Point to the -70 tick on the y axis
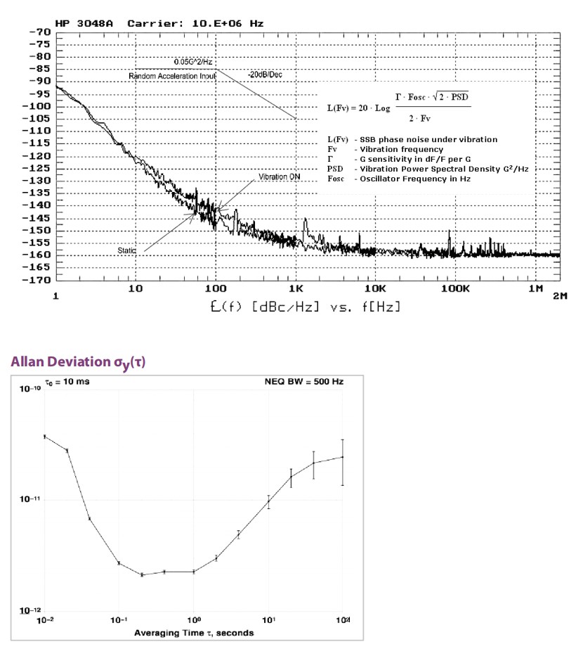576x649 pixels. [x=40, y=32]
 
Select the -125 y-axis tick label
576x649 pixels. [x=38, y=169]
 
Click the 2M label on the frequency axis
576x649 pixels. [x=559, y=296]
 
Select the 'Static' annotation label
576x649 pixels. [x=126, y=250]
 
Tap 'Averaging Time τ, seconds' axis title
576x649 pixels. [x=194, y=632]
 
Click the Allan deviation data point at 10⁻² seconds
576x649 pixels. [x=45, y=437]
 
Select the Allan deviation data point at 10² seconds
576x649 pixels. [x=342, y=457]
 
